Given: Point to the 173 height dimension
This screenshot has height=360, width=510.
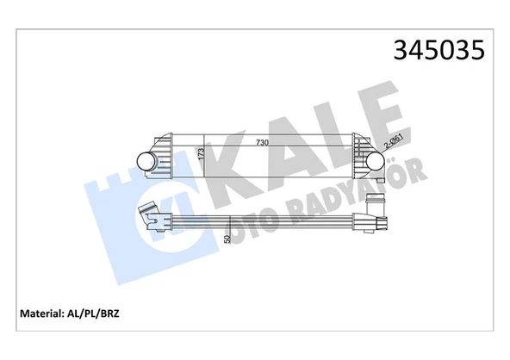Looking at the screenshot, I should [x=202, y=154].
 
